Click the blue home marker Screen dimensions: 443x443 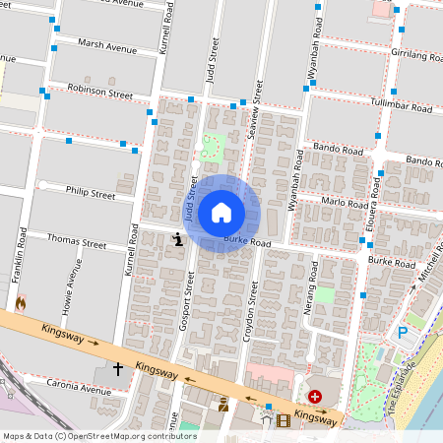point(221,213)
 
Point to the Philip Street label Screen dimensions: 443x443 point(91,193)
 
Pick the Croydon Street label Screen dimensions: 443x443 point(252,307)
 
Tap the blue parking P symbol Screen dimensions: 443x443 point(402,334)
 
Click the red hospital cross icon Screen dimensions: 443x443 point(315,397)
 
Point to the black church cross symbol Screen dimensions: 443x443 point(118,369)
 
